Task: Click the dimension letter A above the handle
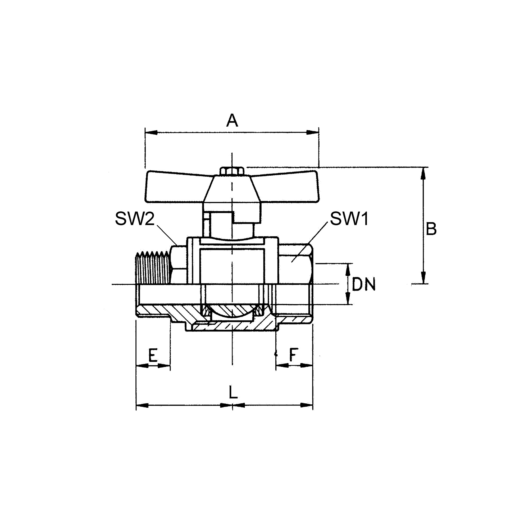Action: [232, 121]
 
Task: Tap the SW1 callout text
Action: [349, 219]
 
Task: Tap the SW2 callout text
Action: [135, 219]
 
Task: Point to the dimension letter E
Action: [153, 355]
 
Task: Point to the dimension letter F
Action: [294, 355]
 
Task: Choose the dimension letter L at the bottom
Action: [233, 392]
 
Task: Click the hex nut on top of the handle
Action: [232, 171]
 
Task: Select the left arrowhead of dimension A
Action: [151, 133]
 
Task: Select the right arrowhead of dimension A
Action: [313, 133]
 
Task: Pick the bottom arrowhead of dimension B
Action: [423, 278]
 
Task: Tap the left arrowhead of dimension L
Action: [142, 405]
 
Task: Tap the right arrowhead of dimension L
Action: [307, 405]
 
